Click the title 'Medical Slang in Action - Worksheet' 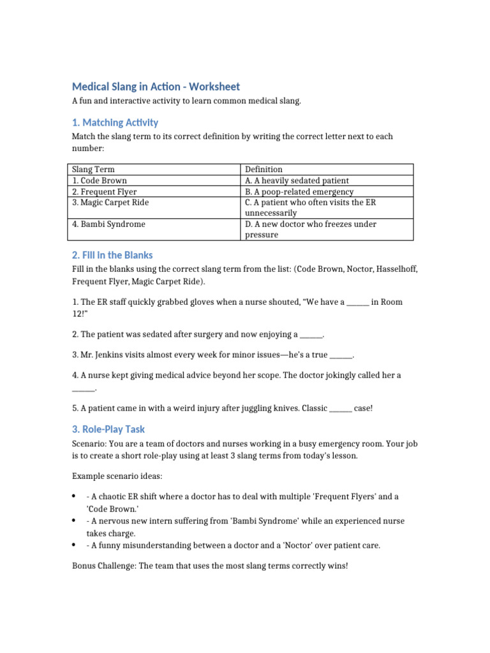156,87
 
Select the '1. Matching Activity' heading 115,122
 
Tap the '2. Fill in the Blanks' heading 112,255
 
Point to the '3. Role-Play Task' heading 108,429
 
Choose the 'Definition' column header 264,169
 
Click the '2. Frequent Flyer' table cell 104,191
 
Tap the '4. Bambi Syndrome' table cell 108,224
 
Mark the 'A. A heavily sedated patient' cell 297,180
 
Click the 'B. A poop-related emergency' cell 299,191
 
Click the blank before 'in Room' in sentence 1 357,302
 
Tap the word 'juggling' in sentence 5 248,408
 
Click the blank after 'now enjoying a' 311,334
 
